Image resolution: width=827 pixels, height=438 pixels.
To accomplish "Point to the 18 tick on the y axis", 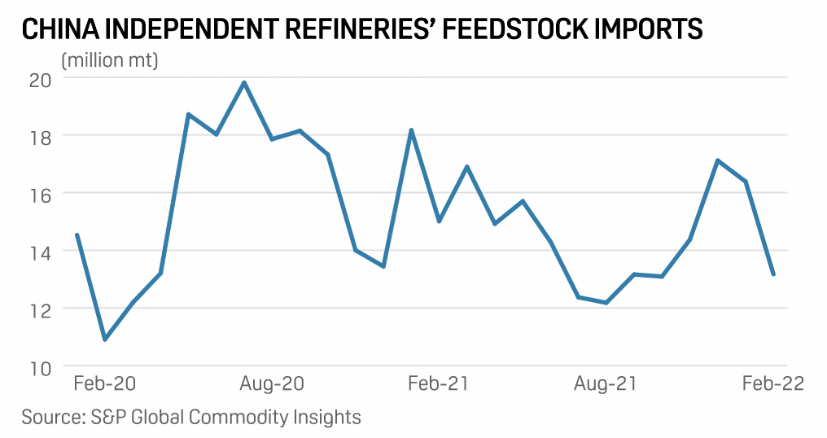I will click(40, 137).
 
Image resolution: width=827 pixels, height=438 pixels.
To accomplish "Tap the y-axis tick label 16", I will click(40, 195).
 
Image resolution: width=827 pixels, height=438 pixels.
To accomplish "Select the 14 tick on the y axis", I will click(40, 252).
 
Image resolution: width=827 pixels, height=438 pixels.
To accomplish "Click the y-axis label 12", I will click(40, 310).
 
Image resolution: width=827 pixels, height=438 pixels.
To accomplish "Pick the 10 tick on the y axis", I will click(40, 368).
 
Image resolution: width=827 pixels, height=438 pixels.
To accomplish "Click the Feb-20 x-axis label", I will click(104, 383).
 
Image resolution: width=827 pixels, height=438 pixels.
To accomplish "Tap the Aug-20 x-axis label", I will click(272, 383).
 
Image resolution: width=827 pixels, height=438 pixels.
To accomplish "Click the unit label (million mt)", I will click(110, 59).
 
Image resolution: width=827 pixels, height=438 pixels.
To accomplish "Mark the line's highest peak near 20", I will click(244, 82).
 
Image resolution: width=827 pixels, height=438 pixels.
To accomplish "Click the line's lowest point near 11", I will click(105, 339).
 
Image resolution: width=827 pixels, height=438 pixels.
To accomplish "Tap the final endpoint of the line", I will click(773, 274).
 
